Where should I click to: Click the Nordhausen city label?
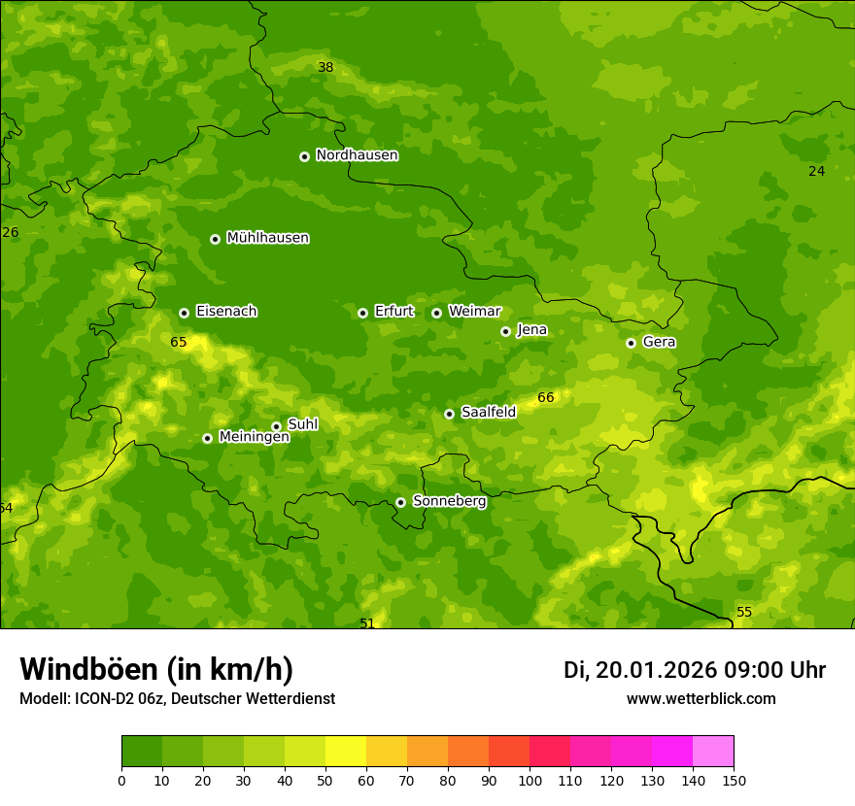coord(357,155)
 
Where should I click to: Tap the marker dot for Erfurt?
coord(362,313)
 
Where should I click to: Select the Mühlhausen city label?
coord(267,238)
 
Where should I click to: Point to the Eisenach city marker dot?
coord(184,313)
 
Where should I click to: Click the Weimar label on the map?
coord(474,312)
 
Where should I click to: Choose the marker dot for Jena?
coord(505,331)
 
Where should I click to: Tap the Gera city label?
coord(659,342)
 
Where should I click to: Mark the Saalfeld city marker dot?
coord(449,414)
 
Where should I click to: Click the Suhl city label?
coord(302,424)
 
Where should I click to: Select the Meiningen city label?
coord(254,437)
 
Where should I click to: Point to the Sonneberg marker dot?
coord(400,502)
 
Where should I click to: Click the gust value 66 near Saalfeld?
coord(546,397)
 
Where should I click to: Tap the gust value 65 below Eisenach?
coord(179,342)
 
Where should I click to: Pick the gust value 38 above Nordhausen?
coord(325,67)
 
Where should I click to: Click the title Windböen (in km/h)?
coord(156,669)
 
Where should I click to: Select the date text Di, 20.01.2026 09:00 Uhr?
coord(694,670)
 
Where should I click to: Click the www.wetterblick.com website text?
coord(701,698)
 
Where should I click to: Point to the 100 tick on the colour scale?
coord(530,780)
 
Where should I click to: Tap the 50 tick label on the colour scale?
coord(325,780)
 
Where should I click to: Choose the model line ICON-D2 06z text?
coord(177,698)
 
